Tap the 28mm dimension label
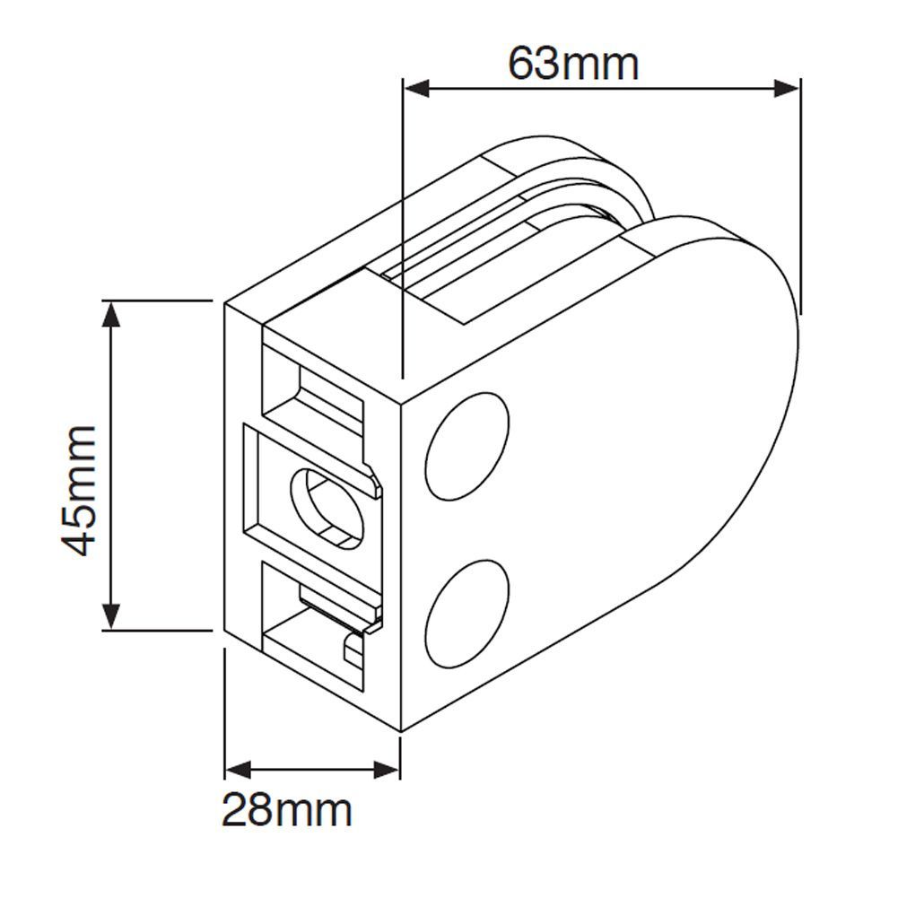tap(287, 811)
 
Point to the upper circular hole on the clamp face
tap(466, 446)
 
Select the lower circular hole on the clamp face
tap(466, 614)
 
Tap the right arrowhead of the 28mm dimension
tap(387, 768)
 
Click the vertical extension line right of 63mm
tap(799, 197)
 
